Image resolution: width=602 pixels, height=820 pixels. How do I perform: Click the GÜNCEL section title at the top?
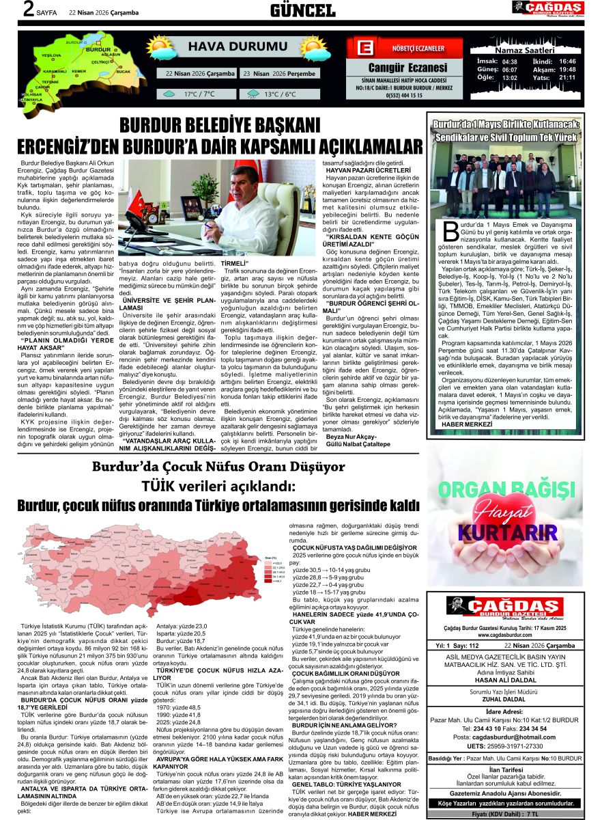[x=302, y=10]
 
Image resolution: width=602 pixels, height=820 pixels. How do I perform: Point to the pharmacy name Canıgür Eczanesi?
[x=407, y=68]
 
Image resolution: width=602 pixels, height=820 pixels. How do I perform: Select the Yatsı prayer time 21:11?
[x=567, y=77]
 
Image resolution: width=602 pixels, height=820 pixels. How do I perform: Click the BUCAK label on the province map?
[x=123, y=71]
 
